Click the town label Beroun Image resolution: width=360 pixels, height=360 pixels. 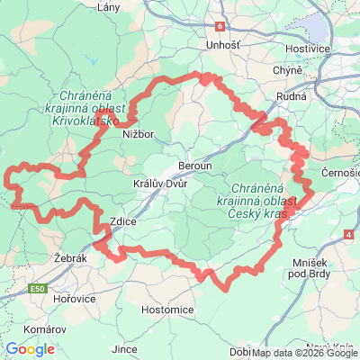(197, 167)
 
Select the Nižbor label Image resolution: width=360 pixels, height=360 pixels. (139, 136)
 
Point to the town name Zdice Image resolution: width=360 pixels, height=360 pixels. (122, 220)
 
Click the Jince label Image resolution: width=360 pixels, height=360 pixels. (125, 347)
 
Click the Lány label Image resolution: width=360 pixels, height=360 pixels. (109, 7)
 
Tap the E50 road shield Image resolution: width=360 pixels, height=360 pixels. (37, 289)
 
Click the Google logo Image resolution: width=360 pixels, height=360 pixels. (30, 349)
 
